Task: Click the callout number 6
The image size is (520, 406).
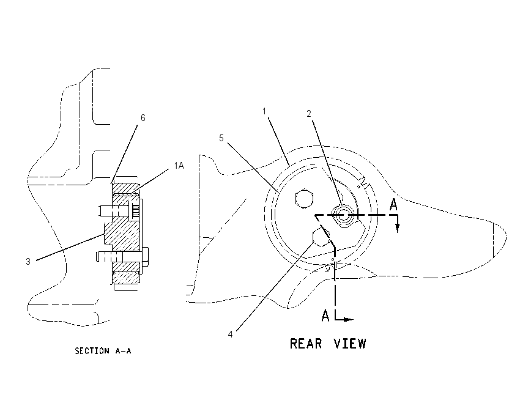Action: pyautogui.click(x=143, y=117)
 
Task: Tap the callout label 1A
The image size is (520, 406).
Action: pyautogui.click(x=179, y=165)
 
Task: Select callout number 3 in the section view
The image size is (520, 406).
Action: pyautogui.click(x=28, y=262)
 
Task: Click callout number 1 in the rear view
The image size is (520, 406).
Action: pyautogui.click(x=264, y=111)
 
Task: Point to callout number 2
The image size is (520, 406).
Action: pyautogui.click(x=309, y=114)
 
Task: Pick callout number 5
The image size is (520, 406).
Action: pyautogui.click(x=221, y=138)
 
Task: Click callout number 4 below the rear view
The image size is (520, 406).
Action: pyautogui.click(x=230, y=334)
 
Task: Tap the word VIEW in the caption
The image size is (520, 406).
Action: pyautogui.click(x=350, y=344)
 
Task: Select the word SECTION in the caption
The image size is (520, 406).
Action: pyautogui.click(x=92, y=350)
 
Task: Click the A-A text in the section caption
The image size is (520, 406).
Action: pyautogui.click(x=123, y=350)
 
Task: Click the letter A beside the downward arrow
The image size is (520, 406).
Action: pyautogui.click(x=393, y=204)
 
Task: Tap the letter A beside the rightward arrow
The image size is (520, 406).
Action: pyautogui.click(x=325, y=316)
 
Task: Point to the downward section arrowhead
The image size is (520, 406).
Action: pyautogui.click(x=398, y=228)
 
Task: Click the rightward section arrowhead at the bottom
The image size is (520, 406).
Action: pyautogui.click(x=348, y=320)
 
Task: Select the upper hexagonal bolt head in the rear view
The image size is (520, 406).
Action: pyautogui.click(x=304, y=199)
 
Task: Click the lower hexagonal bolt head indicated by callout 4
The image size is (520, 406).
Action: pyautogui.click(x=321, y=237)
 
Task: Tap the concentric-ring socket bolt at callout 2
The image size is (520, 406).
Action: pyautogui.click(x=344, y=215)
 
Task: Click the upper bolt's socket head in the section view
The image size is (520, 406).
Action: pyautogui.click(x=135, y=210)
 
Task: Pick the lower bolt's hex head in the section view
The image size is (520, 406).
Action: pyautogui.click(x=145, y=257)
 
